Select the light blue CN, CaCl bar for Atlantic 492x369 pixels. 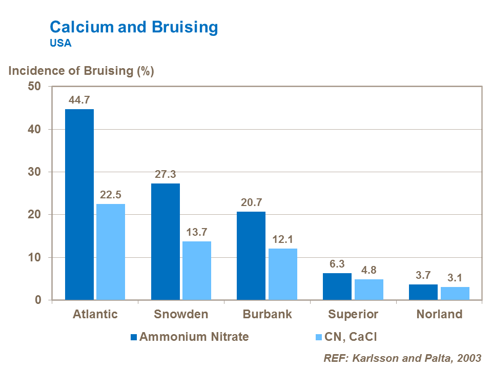coord(111,252)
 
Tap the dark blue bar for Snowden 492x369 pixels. coord(165,241)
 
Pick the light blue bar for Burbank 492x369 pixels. coord(282,274)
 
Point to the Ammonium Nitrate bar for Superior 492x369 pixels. coord(337,286)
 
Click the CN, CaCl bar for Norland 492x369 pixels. coord(455,293)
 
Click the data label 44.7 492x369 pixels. coord(79,100)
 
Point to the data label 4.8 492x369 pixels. coord(368,271)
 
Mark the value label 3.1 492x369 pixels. coord(455,278)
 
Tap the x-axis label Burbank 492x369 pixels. coord(267,314)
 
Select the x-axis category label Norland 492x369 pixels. coord(439,314)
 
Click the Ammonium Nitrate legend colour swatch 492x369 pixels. coord(134,337)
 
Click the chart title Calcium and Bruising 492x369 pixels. coord(133,27)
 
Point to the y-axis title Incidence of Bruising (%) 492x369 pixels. coord(81,71)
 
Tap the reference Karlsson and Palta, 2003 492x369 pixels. coord(403,358)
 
